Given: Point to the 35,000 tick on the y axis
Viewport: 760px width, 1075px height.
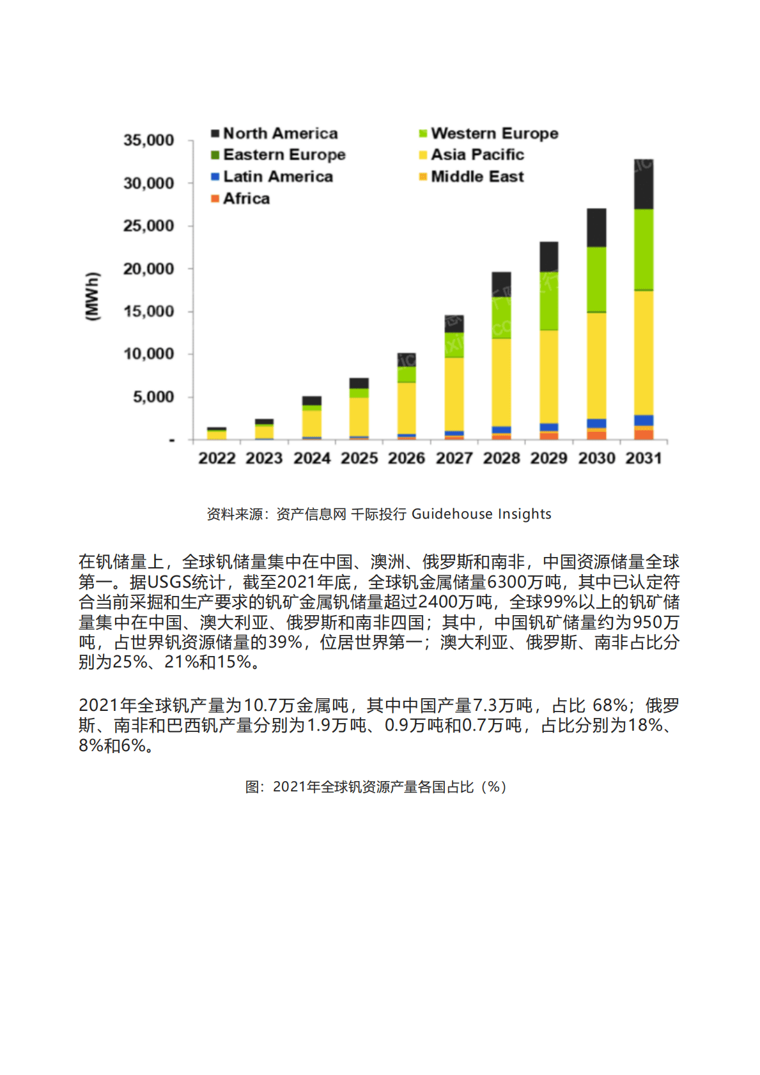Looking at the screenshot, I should pyautogui.click(x=148, y=141).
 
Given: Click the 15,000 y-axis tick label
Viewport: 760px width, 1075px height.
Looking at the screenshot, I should pyautogui.click(x=148, y=312).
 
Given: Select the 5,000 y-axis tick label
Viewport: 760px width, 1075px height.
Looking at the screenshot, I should pyautogui.click(x=153, y=397).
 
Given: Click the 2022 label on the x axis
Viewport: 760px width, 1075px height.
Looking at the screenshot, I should pyautogui.click(x=217, y=458).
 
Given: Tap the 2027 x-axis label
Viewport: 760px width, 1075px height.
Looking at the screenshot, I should pyautogui.click(x=454, y=458).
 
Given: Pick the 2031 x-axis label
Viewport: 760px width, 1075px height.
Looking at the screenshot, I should pyautogui.click(x=643, y=458).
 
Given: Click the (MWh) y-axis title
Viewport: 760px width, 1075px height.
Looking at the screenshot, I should pyautogui.click(x=93, y=296).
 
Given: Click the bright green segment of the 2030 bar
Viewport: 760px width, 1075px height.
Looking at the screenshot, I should pyautogui.click(x=596, y=280).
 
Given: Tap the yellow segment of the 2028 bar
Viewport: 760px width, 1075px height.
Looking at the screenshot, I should pyautogui.click(x=501, y=382).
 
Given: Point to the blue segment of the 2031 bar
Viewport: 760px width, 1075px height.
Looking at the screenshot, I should pyautogui.click(x=643, y=420).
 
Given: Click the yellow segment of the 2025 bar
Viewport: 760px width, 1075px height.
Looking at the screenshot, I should pyautogui.click(x=359, y=416).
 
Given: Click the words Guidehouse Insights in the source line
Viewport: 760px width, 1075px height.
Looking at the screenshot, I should pyautogui.click(x=481, y=514).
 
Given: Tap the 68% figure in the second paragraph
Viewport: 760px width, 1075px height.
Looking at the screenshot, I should pyautogui.click(x=610, y=705).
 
